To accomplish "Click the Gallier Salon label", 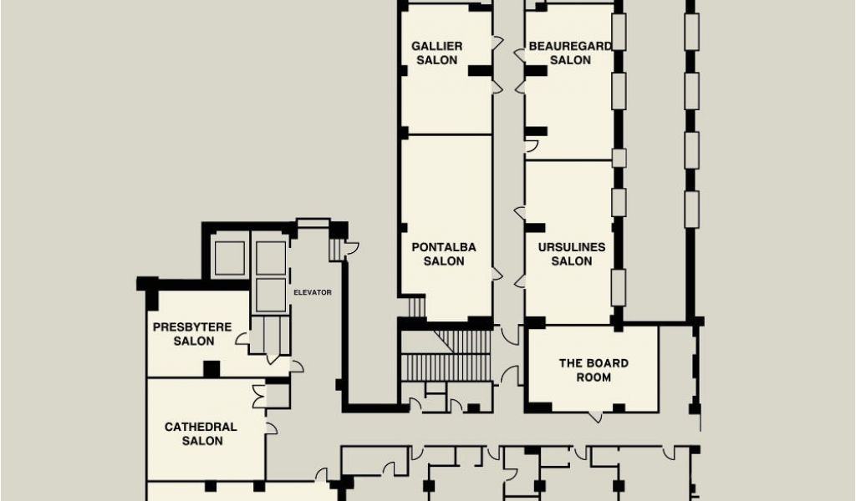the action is pyautogui.click(x=436, y=53).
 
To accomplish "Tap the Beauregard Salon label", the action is pyautogui.click(x=570, y=53).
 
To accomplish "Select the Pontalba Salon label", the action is pyautogui.click(x=444, y=254).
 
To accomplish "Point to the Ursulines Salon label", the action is pyautogui.click(x=572, y=254).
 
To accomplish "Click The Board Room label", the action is pyautogui.click(x=594, y=370).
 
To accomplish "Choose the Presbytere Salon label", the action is pyautogui.click(x=193, y=334).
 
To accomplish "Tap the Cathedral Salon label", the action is pyautogui.click(x=201, y=434).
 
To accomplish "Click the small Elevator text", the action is pyautogui.click(x=313, y=292).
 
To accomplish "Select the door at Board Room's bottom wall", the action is pyautogui.click(x=595, y=417).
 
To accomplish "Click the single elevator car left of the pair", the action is pyautogui.click(x=230, y=258).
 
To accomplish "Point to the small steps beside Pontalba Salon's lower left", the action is pyautogui.click(x=416, y=307).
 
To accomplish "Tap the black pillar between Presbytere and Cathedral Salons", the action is pyautogui.click(x=211, y=369).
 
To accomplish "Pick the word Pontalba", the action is pyautogui.click(x=444, y=247).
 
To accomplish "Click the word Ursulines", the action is pyautogui.click(x=572, y=247).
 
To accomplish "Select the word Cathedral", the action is pyautogui.click(x=201, y=427).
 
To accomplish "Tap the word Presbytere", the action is pyautogui.click(x=192, y=327).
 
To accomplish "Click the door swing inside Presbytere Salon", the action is pyautogui.click(x=242, y=338).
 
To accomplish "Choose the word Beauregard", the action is pyautogui.click(x=570, y=46).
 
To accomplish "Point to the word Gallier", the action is pyautogui.click(x=436, y=46).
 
